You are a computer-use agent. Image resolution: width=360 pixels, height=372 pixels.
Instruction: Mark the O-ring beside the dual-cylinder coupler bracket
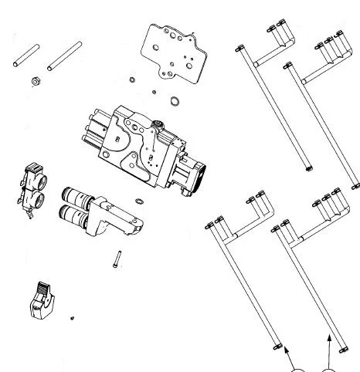pos(138,201)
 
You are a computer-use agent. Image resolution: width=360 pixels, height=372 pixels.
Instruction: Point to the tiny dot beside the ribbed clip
pos(71,316)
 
